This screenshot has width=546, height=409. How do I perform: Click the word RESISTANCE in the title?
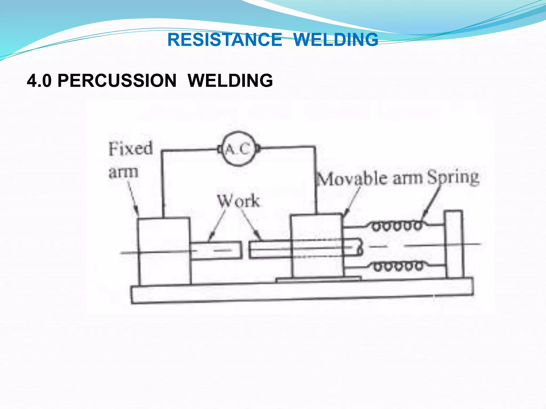click(225, 40)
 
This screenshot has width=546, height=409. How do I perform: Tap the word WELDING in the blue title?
click(336, 40)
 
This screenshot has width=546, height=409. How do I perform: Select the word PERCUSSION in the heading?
click(117, 80)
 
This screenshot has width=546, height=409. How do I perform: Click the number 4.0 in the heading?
click(39, 81)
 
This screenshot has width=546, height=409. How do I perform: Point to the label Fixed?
click(130, 149)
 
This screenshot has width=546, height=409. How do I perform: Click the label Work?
click(238, 201)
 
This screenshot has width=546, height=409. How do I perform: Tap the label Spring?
click(453, 177)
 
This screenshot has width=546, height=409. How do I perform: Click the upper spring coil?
click(397, 226)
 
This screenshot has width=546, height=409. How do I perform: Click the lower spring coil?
click(398, 266)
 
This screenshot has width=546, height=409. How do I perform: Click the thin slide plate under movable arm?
click(319, 279)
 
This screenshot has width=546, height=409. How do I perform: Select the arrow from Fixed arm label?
click(133, 198)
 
